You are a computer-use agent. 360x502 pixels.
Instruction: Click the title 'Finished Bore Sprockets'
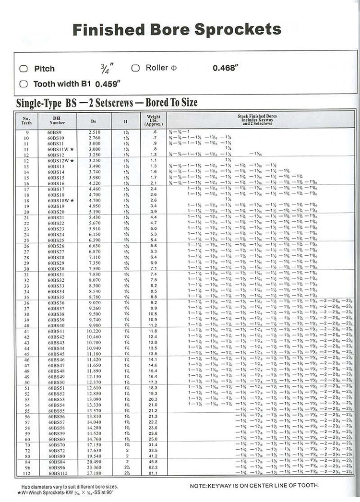(176, 30)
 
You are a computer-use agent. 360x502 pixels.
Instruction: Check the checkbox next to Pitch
(23, 69)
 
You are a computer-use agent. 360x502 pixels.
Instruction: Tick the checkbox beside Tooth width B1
(23, 84)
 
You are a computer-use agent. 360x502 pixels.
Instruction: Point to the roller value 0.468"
(225, 68)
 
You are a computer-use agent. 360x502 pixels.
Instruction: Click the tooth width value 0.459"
(108, 84)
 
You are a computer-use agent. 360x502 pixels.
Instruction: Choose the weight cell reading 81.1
(153, 472)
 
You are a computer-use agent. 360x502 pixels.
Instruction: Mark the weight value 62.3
(153, 466)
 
